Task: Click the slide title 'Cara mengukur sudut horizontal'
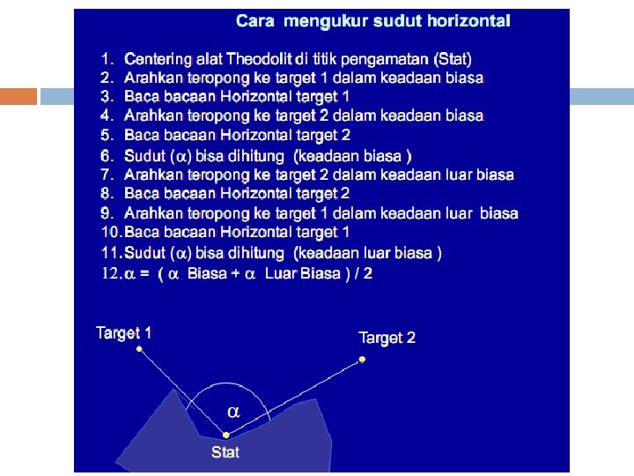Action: [x=372, y=20]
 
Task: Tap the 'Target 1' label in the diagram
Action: [x=124, y=333]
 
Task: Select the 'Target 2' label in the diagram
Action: [x=387, y=338]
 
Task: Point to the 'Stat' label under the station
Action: [x=225, y=452]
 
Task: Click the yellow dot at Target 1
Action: [x=139, y=350]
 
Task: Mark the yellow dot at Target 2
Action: [x=361, y=359]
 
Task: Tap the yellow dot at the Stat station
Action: [x=225, y=435]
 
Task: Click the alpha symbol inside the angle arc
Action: [x=233, y=412]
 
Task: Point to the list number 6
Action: [x=107, y=155]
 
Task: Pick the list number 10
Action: [x=110, y=232]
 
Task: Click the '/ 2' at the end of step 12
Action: [x=362, y=273]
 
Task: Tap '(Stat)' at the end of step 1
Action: [x=453, y=59]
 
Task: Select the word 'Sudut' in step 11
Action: [x=145, y=253]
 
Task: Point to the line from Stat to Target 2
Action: [x=293, y=397]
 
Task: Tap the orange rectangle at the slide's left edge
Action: [x=18, y=96]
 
